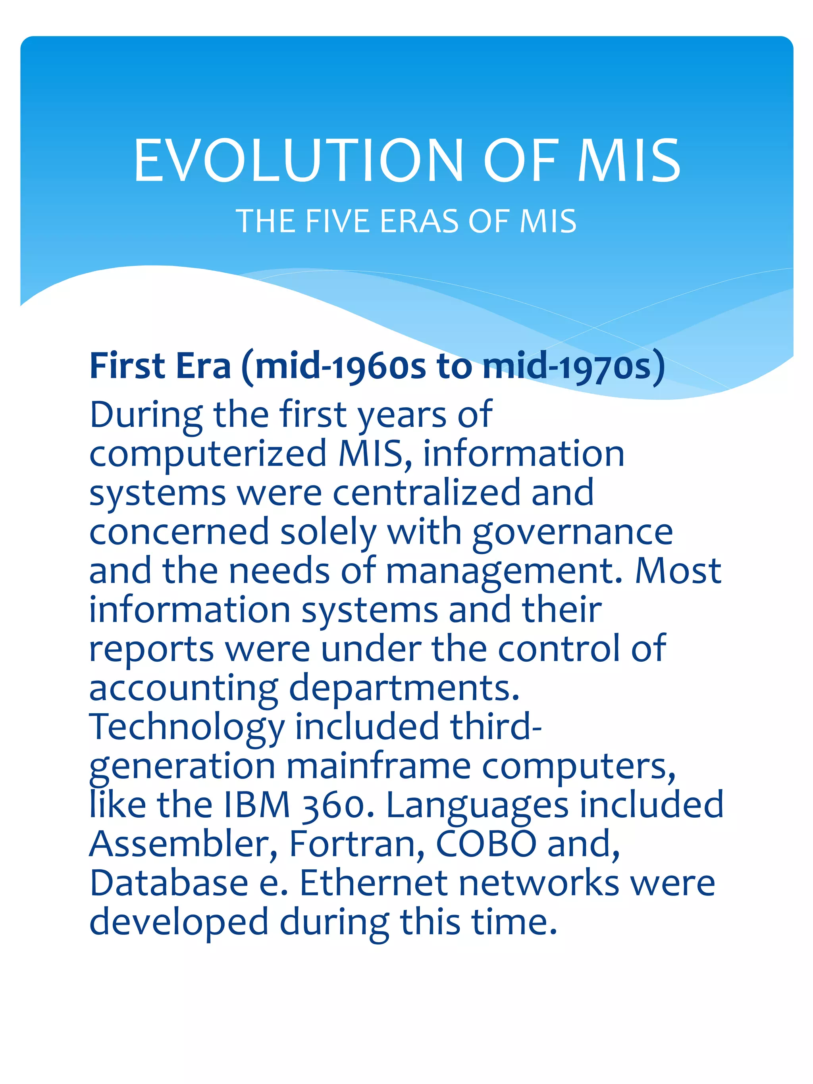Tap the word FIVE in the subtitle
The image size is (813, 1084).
coord(337,221)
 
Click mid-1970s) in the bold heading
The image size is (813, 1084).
coord(573,367)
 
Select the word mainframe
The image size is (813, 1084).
coord(378,766)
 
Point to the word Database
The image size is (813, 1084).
coord(169,883)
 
